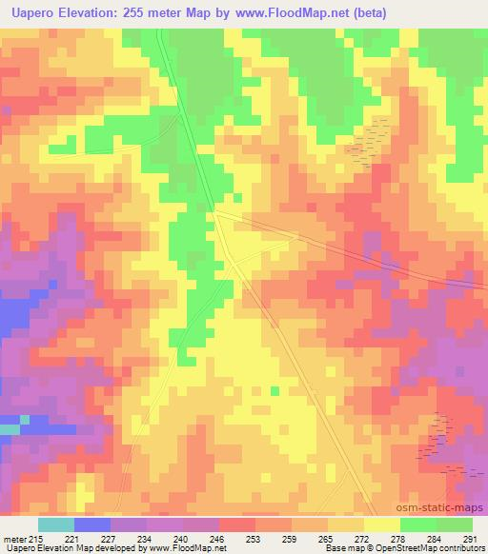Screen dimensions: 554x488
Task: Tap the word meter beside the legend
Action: click(16, 538)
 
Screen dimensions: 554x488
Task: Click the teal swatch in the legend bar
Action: click(55, 524)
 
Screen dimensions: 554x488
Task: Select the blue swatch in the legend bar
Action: click(91, 524)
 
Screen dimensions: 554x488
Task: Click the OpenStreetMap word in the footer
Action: click(440, 548)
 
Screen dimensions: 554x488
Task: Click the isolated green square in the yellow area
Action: click(275, 389)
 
